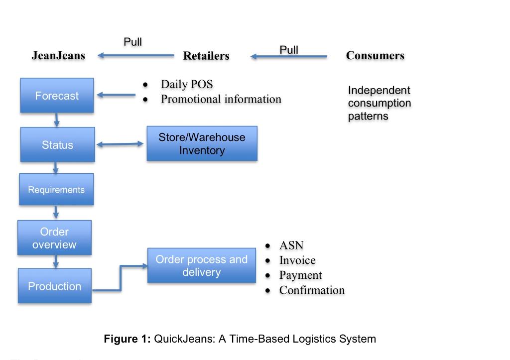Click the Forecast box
57,96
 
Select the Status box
57,145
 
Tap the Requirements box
56,190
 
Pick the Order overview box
54,238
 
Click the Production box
54,286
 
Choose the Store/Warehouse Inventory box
202,143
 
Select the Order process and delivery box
201,266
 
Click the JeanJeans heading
58,56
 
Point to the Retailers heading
206,56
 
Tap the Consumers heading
375,56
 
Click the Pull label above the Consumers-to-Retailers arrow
289,49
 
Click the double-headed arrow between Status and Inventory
120,144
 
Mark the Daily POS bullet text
186,84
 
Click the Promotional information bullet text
221,99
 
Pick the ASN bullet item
291,245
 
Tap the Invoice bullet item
297,260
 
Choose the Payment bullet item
300,275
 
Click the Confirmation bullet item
312,290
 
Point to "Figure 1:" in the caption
127,339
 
